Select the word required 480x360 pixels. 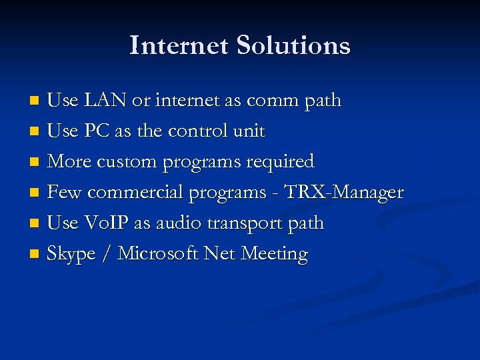(x=280, y=162)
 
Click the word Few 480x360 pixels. (x=65, y=193)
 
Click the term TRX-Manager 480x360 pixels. (x=343, y=193)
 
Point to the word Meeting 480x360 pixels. (x=274, y=255)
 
